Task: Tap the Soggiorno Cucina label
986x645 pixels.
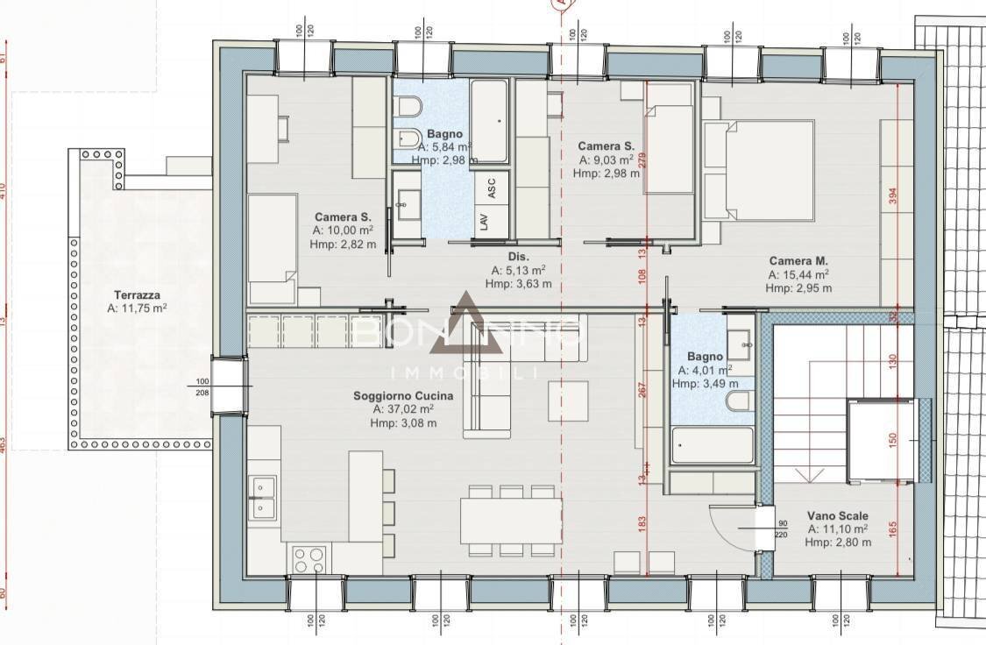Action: pos(402,396)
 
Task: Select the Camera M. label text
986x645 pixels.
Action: pos(798,261)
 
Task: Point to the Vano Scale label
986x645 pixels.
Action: pos(839,516)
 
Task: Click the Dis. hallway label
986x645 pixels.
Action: pos(519,257)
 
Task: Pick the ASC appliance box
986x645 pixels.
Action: pos(492,188)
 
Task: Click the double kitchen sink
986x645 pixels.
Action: pos(261,497)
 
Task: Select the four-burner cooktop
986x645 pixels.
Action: pos(309,558)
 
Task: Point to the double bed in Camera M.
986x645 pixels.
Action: pos(759,170)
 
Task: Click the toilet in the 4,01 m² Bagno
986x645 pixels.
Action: pos(738,401)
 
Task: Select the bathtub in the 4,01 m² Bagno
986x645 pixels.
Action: pos(711,446)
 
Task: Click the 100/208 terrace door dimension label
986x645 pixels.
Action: pos(203,386)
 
